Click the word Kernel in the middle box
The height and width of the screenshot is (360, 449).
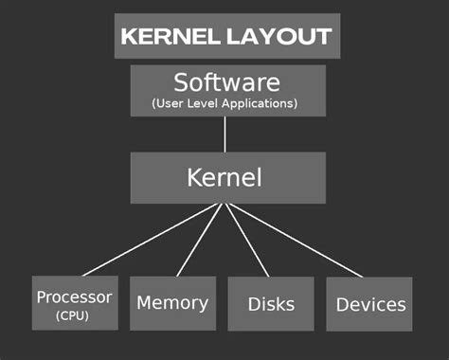224,177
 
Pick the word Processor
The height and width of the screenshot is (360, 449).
74,297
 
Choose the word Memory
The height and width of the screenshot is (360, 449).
171,303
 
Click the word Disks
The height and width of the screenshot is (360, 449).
271,304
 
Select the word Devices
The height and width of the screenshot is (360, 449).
371,304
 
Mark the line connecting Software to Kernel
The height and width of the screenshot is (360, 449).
224,135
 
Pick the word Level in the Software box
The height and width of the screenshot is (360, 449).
207,101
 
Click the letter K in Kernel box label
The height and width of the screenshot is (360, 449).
193,177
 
